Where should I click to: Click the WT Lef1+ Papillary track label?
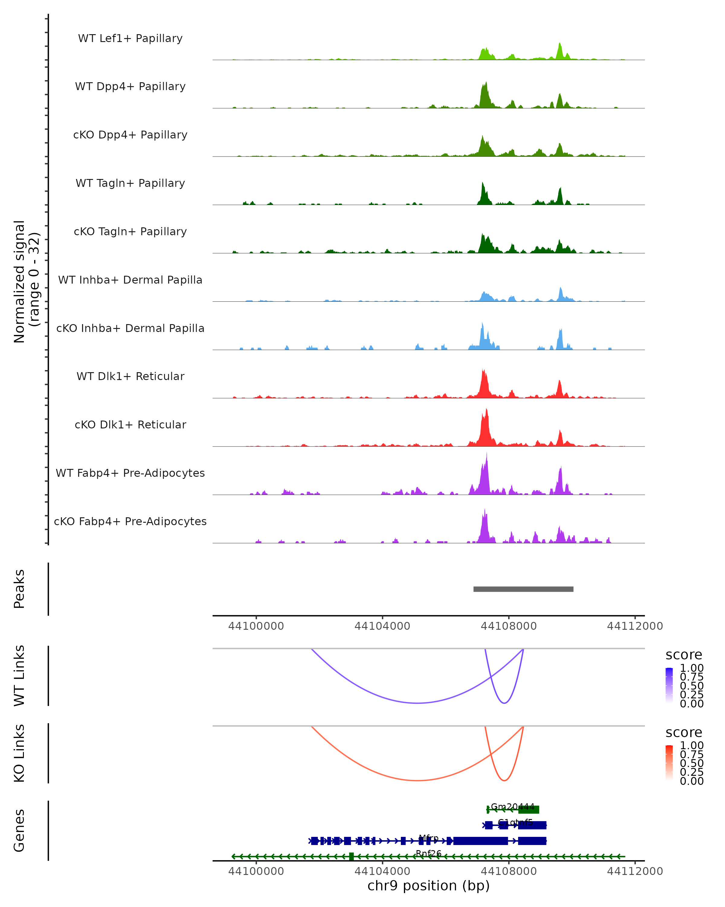click(x=130, y=38)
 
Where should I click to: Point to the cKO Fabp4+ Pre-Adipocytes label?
click(x=130, y=521)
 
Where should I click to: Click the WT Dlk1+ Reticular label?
click(x=130, y=376)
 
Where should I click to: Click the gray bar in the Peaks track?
click(x=523, y=589)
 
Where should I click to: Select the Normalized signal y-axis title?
click(x=26, y=281)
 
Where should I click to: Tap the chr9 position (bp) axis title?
click(x=428, y=886)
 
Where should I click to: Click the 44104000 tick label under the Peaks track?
click(x=382, y=626)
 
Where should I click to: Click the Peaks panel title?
click(x=19, y=589)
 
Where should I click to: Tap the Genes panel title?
click(x=19, y=831)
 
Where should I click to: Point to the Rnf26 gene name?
click(x=428, y=853)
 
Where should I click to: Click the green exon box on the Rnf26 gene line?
click(x=351, y=857)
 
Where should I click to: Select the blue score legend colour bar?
click(x=669, y=685)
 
